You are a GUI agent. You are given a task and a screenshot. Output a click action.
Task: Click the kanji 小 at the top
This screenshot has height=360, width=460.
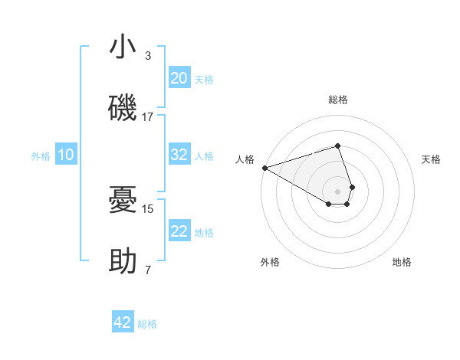tap(123, 47)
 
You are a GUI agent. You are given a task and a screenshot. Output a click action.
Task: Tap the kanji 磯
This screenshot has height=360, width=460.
tap(123, 108)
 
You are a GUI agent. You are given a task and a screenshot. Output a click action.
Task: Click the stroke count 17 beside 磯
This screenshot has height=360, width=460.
tap(148, 117)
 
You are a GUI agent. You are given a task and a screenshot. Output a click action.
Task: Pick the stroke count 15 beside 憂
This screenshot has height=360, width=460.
tap(148, 208)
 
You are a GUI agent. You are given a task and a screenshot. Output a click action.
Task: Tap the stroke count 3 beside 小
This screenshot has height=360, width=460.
tap(148, 56)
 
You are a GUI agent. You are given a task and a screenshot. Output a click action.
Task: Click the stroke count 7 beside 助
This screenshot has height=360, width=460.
tap(148, 270)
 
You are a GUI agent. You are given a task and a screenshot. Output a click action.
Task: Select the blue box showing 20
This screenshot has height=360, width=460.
tap(179, 77)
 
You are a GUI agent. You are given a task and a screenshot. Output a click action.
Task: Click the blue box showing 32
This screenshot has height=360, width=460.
tap(179, 155)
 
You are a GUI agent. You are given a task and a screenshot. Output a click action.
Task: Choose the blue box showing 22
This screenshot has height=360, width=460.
tap(179, 231)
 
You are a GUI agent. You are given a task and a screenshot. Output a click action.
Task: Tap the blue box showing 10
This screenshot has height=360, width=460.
tap(66, 155)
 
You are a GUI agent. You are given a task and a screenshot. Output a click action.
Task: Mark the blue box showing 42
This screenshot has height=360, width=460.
tap(123, 322)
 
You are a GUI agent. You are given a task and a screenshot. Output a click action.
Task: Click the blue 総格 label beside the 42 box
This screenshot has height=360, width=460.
tap(147, 324)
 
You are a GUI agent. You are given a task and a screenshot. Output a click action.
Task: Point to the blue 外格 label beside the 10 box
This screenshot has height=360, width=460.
tap(41, 156)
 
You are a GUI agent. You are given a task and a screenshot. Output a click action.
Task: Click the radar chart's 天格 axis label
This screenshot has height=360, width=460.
tap(432, 159)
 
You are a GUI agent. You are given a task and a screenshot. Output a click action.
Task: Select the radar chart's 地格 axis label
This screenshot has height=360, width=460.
tap(402, 263)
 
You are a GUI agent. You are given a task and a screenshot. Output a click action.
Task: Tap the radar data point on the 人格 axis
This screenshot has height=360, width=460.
tap(264, 168)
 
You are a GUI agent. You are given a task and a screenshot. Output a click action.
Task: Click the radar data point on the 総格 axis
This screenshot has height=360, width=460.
tap(337, 146)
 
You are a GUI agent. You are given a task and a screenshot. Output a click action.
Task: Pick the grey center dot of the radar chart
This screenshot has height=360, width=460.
tap(337, 191)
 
